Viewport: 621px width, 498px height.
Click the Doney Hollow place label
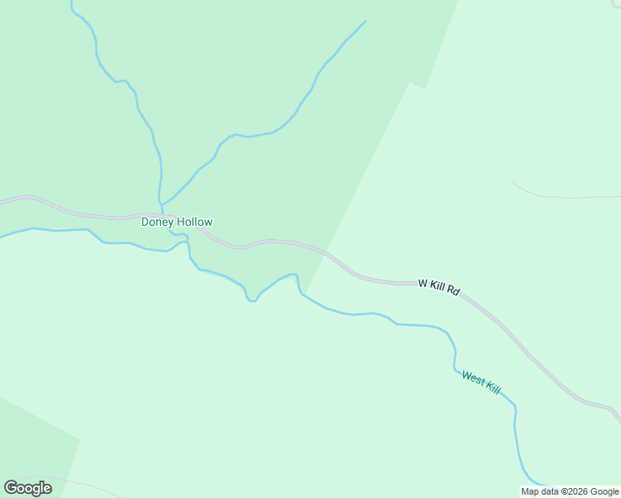tap(177, 222)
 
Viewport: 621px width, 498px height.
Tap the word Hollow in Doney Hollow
tap(193, 222)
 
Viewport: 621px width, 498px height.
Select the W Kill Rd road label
tap(438, 286)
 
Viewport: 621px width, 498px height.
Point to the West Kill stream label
tap(482, 383)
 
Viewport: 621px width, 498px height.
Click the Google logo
tap(27, 488)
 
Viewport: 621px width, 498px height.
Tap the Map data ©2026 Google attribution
tap(570, 491)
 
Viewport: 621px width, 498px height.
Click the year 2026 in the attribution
tap(578, 491)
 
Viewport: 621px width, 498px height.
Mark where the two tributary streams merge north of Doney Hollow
tap(161, 203)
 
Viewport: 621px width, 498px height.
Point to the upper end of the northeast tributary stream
tap(364, 22)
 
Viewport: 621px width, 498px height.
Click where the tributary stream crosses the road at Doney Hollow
tap(162, 214)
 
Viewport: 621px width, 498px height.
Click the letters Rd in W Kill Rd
tap(453, 290)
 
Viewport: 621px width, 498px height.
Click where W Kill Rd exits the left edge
tap(2, 200)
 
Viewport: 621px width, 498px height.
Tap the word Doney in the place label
tap(156, 222)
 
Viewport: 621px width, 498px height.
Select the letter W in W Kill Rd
tap(423, 283)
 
